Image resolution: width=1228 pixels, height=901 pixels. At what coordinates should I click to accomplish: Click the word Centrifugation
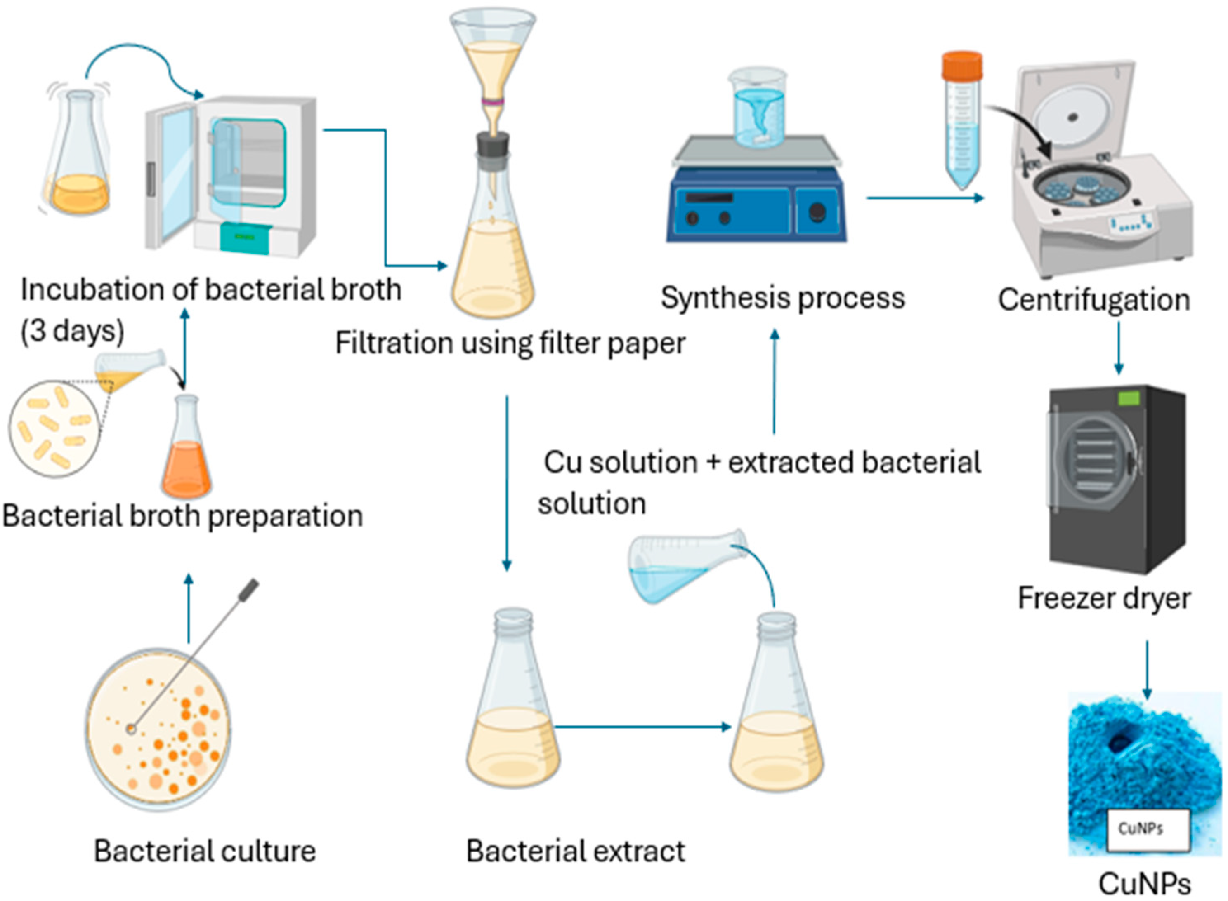click(1094, 300)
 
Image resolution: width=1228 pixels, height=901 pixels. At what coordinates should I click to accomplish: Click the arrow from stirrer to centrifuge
click(925, 198)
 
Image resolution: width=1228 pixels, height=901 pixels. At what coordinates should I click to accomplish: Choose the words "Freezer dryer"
click(1103, 598)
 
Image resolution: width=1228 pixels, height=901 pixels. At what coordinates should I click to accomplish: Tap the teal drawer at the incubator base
click(245, 239)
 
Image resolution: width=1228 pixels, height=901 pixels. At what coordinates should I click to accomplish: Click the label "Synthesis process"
click(783, 298)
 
